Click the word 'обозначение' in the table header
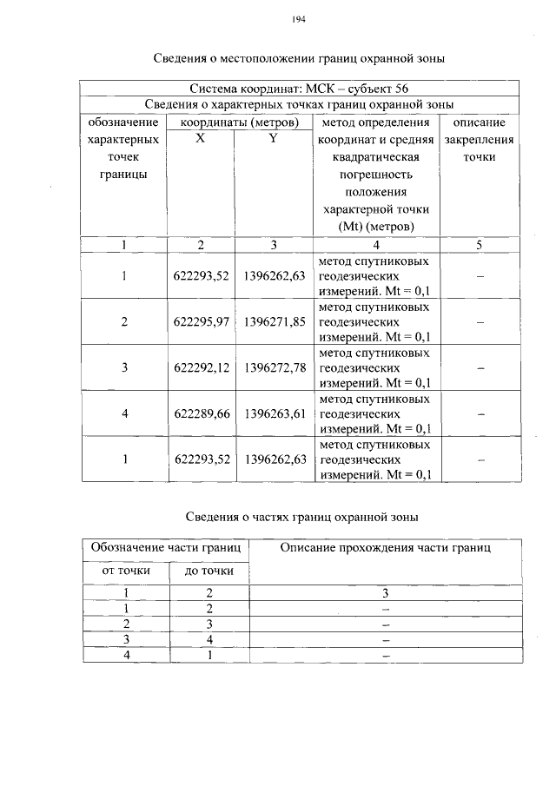pos(123,123)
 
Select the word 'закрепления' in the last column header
pos(479,140)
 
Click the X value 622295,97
pos(201,322)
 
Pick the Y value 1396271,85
pos(275,322)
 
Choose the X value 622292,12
pos(201,368)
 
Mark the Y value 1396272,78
pos(275,368)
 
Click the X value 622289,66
pos(201,413)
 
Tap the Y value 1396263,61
pos(275,413)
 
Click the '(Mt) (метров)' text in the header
pos(375,227)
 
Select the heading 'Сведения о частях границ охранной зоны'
pos(302,517)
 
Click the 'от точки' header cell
pos(126,571)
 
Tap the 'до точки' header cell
pos(209,571)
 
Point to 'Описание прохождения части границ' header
pos(385,548)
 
